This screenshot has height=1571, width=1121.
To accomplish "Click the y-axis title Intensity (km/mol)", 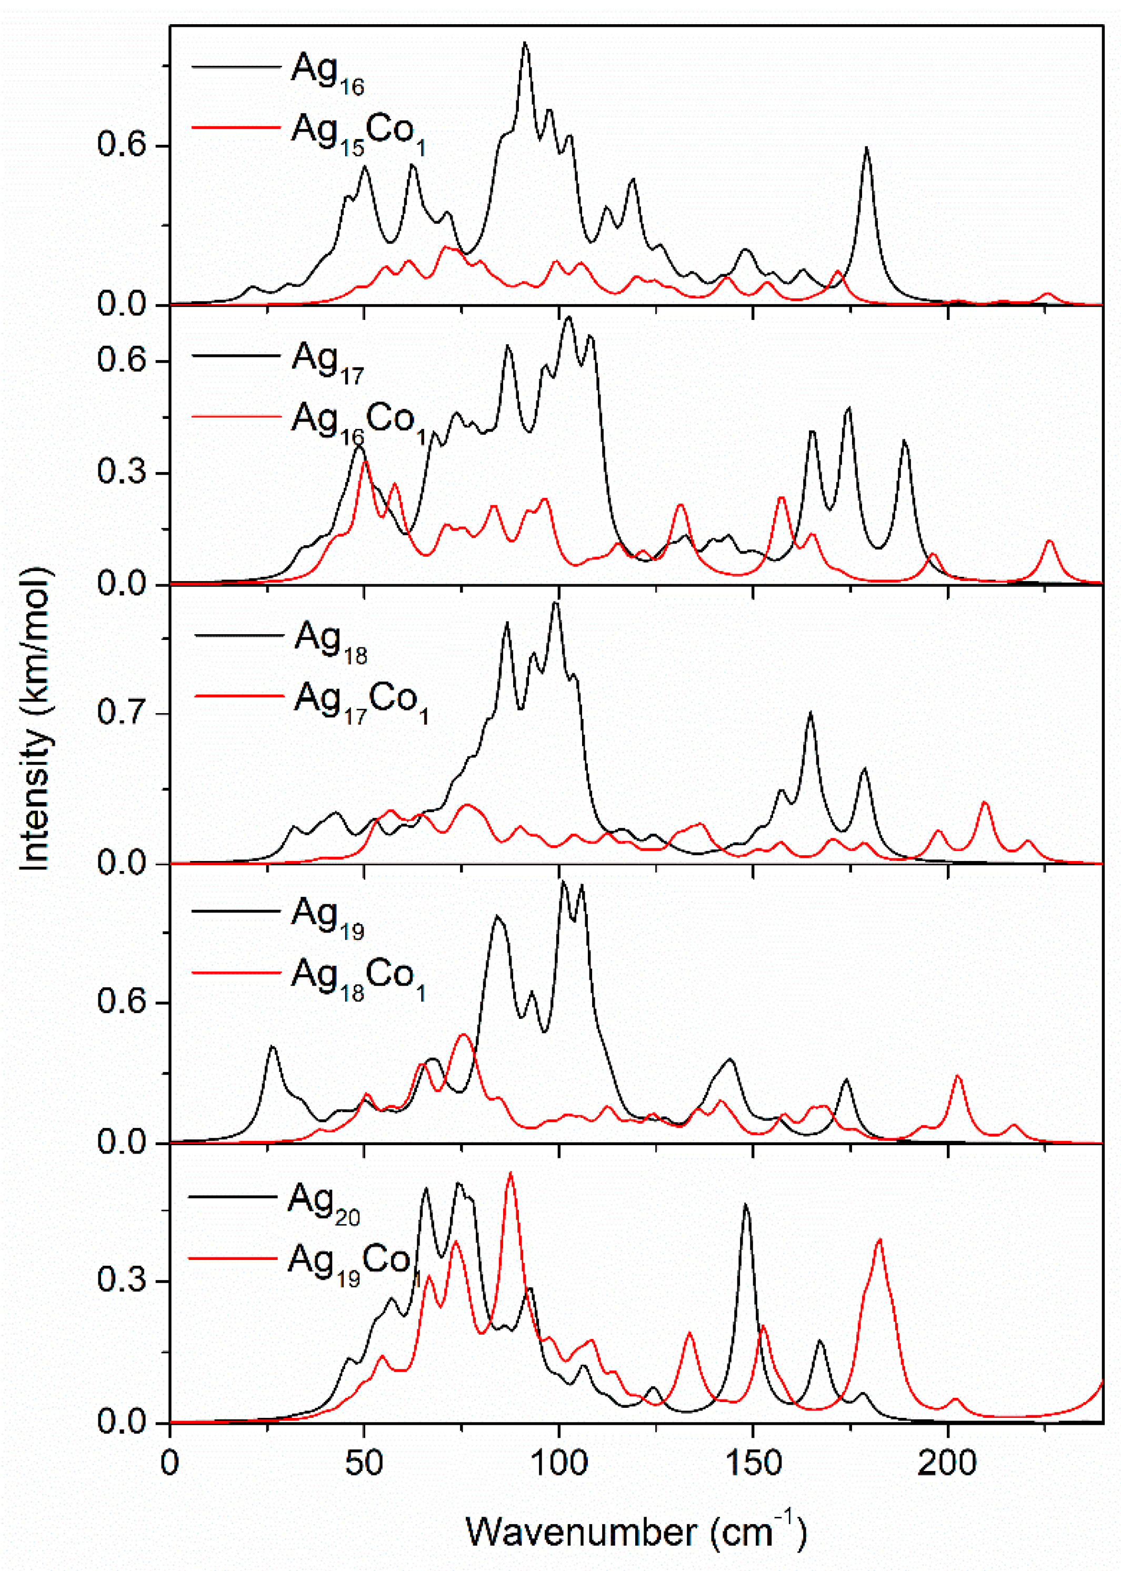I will click(35, 718).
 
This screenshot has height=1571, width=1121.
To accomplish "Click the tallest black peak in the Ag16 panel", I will click(525, 43).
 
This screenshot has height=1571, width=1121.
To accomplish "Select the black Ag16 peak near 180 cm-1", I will click(866, 148).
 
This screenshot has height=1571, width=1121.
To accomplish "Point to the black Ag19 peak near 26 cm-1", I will click(272, 1047).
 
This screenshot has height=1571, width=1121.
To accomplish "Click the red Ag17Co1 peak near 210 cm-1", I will click(985, 803).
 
